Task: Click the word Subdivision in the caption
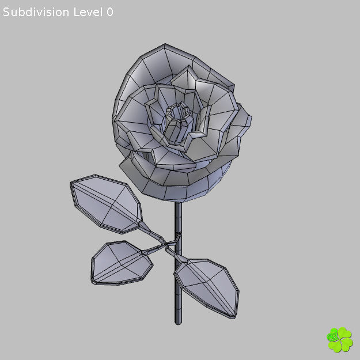point(36,12)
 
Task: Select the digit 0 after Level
point(109,12)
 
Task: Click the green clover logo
point(339,339)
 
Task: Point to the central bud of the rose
point(179,122)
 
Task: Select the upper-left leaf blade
point(105,205)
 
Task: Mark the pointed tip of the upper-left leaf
point(71,184)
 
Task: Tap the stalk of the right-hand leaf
point(176,255)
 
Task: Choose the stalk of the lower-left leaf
point(153,249)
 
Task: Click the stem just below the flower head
point(179,210)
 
